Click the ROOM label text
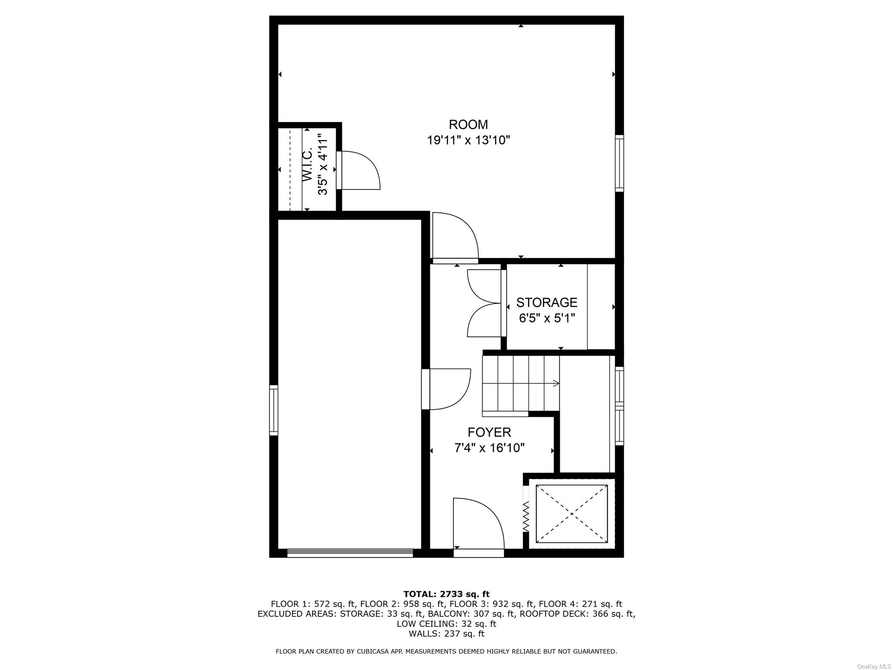pyautogui.click(x=468, y=125)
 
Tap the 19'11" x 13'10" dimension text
pyautogui.click(x=468, y=140)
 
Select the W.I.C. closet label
pyautogui.click(x=307, y=164)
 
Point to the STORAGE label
pyautogui.click(x=547, y=302)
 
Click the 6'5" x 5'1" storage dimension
pyautogui.click(x=547, y=318)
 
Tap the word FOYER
pyautogui.click(x=489, y=432)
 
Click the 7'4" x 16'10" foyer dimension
pyautogui.click(x=489, y=448)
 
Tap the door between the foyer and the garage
pyautogui.click(x=447, y=390)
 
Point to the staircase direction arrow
pyautogui.click(x=556, y=383)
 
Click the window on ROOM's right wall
pyautogui.click(x=619, y=163)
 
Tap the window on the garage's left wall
pyautogui.click(x=273, y=410)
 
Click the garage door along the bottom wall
pyautogui.click(x=350, y=553)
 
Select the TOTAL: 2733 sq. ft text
pyautogui.click(x=446, y=594)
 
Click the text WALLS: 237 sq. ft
pyautogui.click(x=446, y=634)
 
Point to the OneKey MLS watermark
pyautogui.click(x=874, y=667)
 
